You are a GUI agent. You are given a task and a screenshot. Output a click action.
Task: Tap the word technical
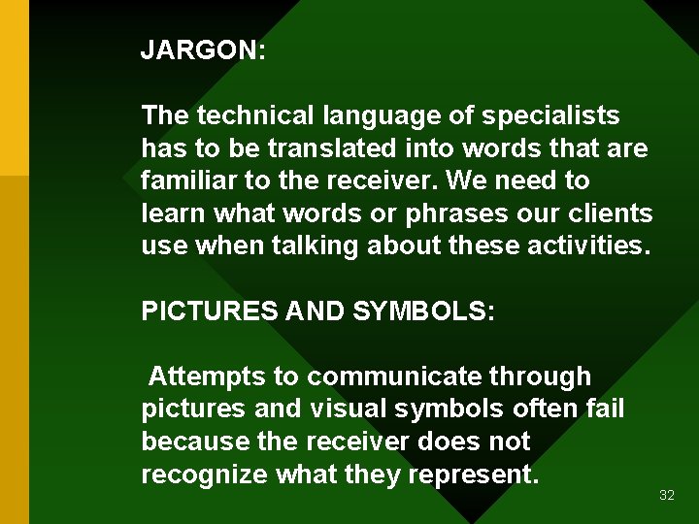[x=255, y=116]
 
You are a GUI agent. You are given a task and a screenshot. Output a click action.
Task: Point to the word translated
[x=316, y=148]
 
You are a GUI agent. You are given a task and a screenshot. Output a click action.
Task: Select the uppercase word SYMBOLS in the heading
[x=424, y=311]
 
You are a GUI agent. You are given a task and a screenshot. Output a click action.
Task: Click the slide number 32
[x=666, y=495]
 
